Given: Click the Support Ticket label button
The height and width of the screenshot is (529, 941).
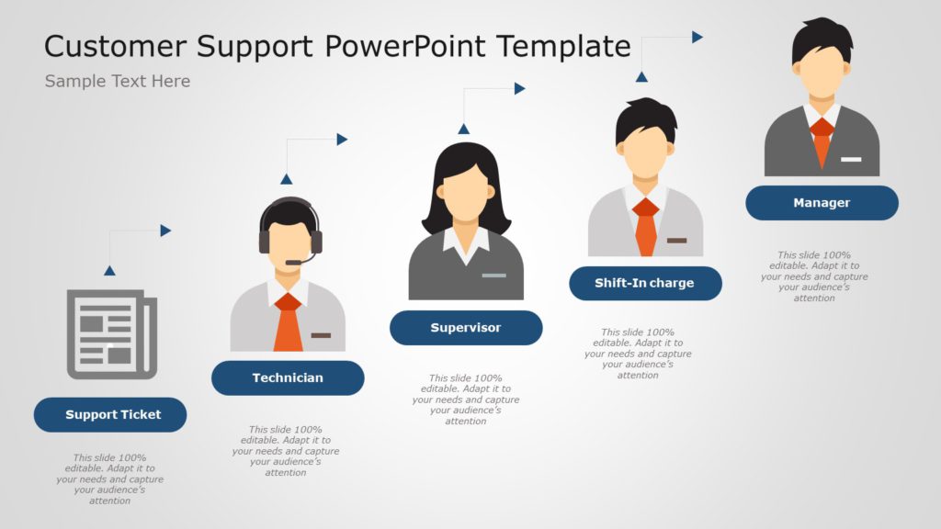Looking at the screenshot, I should click(x=110, y=415).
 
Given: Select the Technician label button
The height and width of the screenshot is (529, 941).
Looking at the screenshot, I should click(x=288, y=377).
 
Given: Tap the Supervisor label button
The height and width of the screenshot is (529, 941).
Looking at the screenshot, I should click(x=466, y=328).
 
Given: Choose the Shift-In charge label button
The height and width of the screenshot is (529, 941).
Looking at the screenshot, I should click(x=645, y=283).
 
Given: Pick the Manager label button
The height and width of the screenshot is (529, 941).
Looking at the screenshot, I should click(x=822, y=203).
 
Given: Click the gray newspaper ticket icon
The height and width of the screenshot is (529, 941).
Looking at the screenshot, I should click(x=111, y=333).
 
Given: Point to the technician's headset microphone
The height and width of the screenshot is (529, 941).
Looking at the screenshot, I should click(x=294, y=263).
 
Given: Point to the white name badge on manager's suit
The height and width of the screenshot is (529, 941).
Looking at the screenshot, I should click(x=851, y=160).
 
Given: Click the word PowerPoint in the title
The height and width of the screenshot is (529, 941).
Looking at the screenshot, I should click(x=428, y=45).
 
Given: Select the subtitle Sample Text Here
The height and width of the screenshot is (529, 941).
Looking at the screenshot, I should click(x=118, y=81).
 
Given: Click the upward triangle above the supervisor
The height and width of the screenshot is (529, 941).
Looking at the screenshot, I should click(x=464, y=129).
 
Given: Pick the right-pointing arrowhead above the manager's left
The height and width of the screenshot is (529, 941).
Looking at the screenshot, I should click(x=697, y=37).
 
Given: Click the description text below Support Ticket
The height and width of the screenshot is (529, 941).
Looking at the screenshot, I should click(x=110, y=478).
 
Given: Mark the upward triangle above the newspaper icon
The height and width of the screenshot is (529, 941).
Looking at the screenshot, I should click(x=109, y=270).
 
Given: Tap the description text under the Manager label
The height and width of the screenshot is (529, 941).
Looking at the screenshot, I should click(x=814, y=276).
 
